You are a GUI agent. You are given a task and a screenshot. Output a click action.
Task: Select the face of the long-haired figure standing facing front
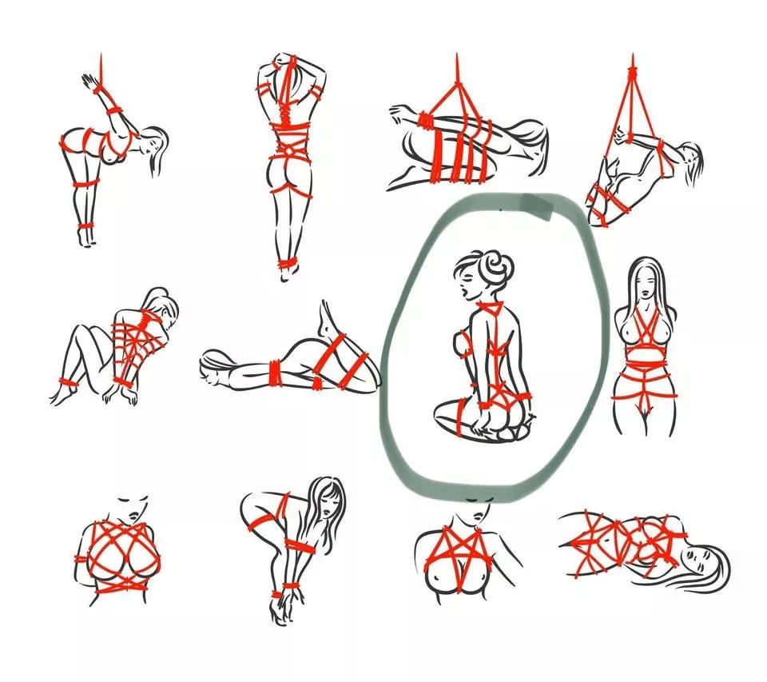[x=647, y=282]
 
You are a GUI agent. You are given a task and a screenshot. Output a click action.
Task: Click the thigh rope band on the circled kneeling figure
[x=461, y=417]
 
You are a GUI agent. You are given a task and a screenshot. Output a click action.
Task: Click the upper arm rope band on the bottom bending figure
[x=263, y=524]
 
